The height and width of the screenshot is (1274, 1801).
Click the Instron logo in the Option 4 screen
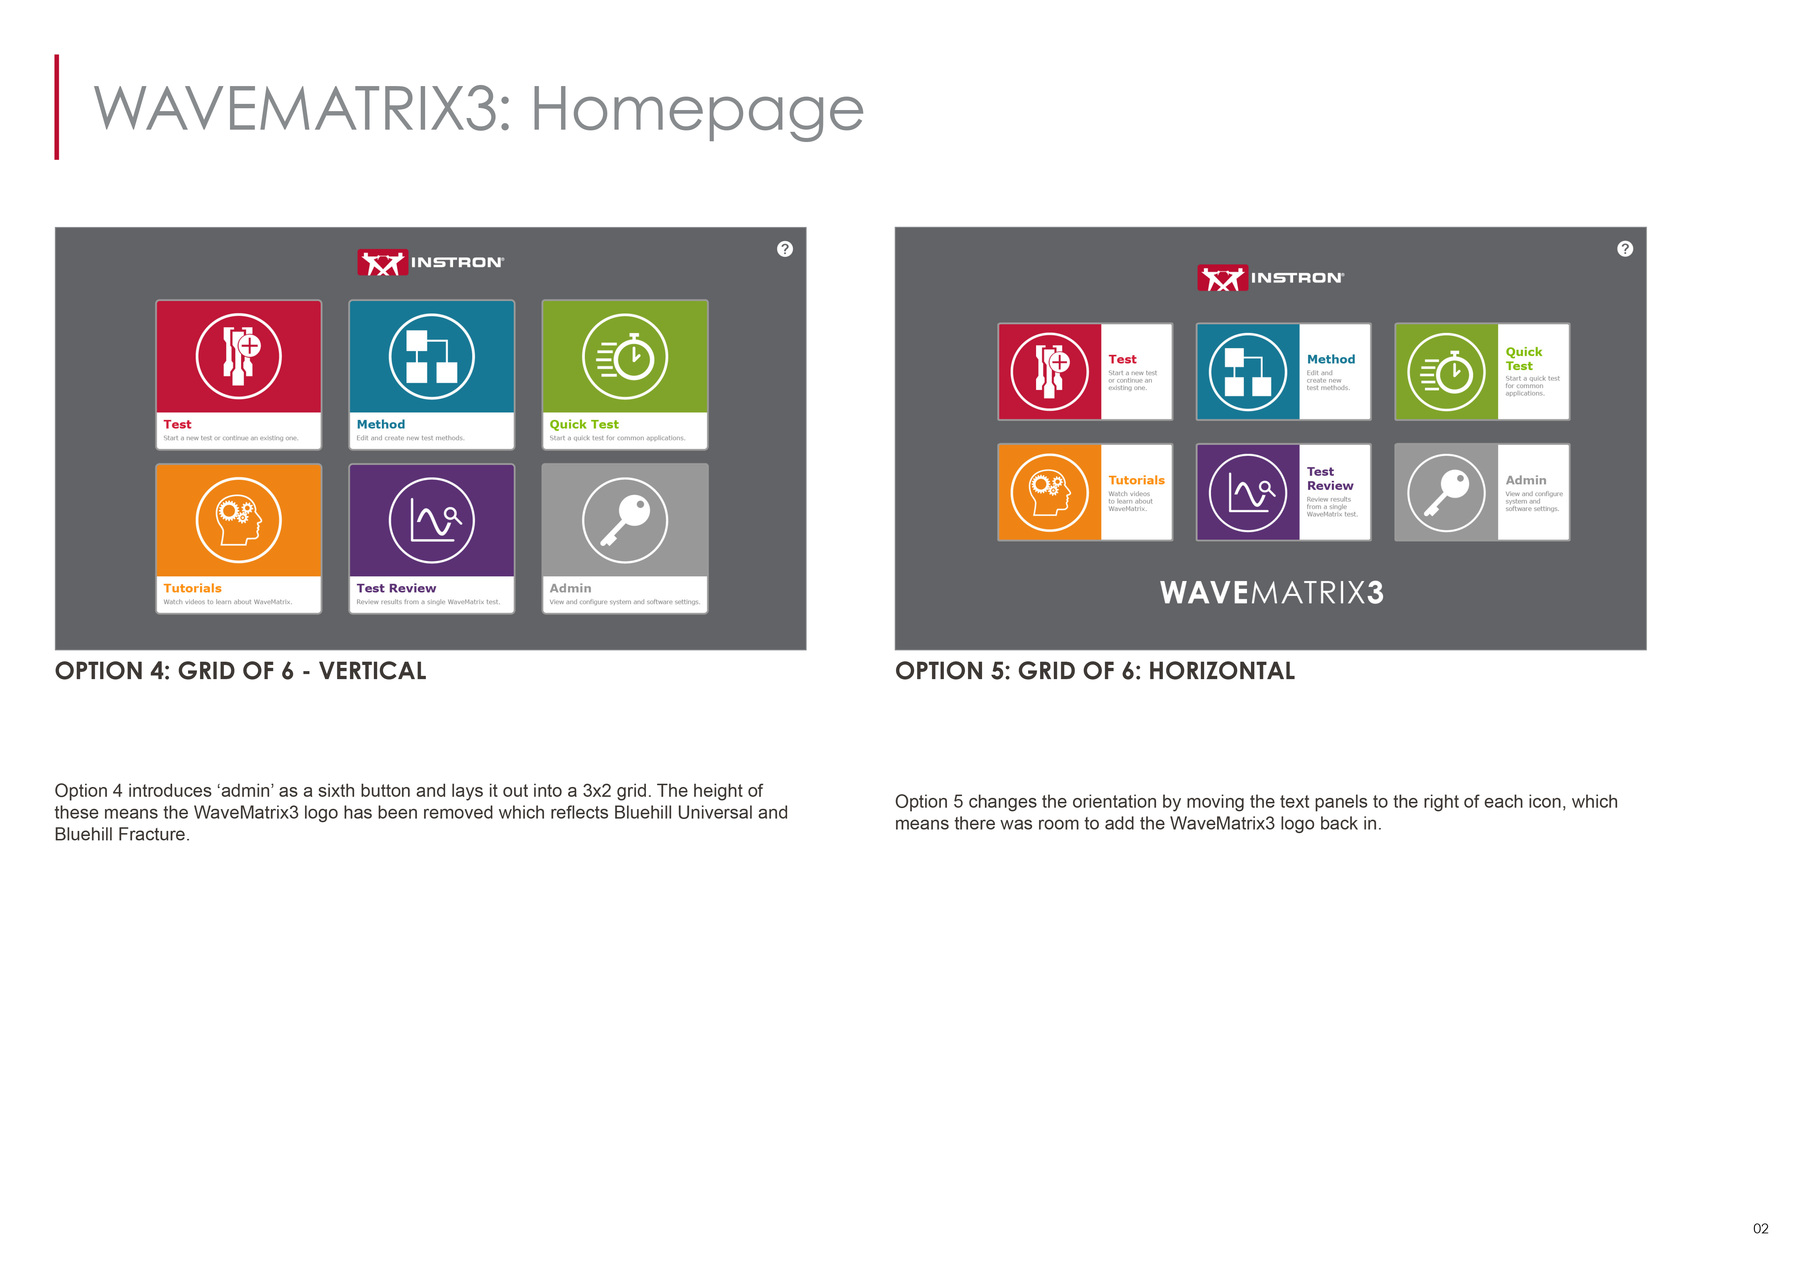click(431, 262)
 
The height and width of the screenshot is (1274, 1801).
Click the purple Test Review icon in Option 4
click(431, 520)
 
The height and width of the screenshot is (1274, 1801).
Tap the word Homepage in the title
click(697, 110)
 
